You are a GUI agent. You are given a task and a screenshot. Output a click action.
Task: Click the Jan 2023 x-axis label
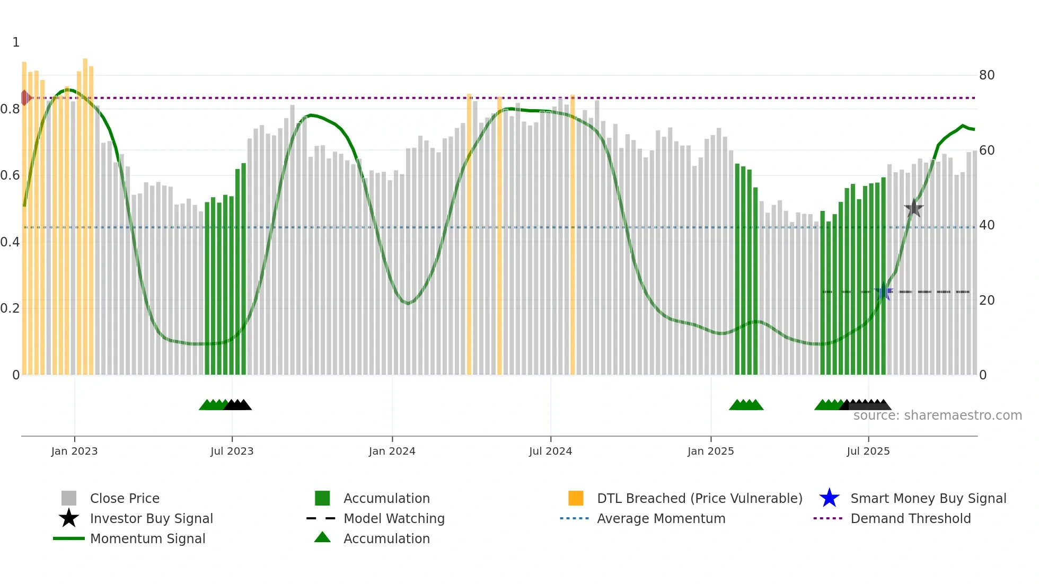pos(74,451)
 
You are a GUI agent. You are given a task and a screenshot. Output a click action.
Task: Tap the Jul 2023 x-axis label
pos(232,451)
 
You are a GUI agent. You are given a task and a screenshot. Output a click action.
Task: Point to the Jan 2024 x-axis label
pos(392,451)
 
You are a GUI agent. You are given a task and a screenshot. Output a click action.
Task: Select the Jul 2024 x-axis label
pos(550,451)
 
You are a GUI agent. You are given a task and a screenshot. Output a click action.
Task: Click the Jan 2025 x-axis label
pos(710,451)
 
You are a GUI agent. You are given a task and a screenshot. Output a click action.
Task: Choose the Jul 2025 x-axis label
pos(868,451)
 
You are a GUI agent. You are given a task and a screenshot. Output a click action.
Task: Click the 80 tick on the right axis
pos(987,75)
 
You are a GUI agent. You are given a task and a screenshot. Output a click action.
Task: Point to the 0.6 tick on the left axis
pos(10,175)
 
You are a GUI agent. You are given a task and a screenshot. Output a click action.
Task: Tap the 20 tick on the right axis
pos(987,300)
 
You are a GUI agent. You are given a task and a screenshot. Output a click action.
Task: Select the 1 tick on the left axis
pos(16,42)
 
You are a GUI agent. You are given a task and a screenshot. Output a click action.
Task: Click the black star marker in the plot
pos(913,208)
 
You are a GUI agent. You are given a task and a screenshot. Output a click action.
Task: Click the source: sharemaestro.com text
pos(937,415)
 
